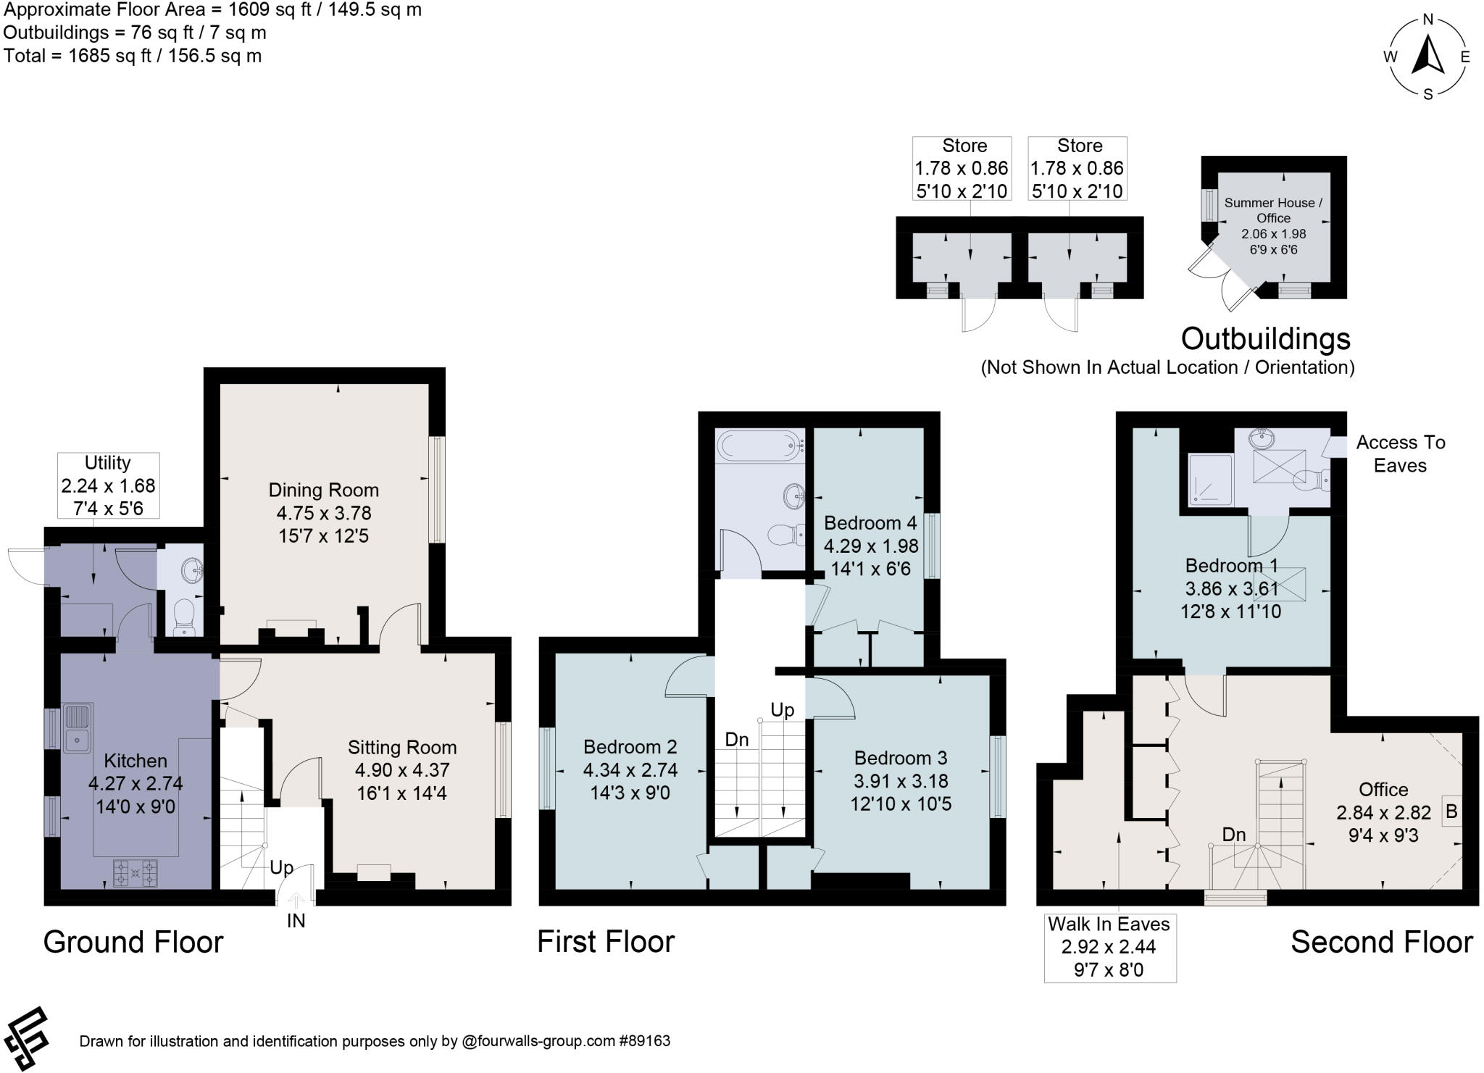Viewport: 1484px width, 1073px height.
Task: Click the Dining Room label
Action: pyautogui.click(x=323, y=490)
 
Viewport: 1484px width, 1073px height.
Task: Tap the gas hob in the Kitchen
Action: pyautogui.click(x=136, y=872)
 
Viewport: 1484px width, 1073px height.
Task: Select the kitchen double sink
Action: pyautogui.click(x=76, y=727)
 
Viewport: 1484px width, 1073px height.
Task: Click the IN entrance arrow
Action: pyautogui.click(x=296, y=901)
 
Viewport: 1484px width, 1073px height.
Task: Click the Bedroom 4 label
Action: pyautogui.click(x=870, y=523)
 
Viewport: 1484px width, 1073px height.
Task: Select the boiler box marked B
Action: pyautogui.click(x=1451, y=811)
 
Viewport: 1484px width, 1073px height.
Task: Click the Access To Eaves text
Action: pyautogui.click(x=1400, y=454)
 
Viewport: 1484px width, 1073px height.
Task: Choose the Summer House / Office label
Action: pyautogui.click(x=1273, y=210)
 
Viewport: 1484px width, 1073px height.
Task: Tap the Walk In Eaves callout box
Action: pyautogui.click(x=1109, y=947)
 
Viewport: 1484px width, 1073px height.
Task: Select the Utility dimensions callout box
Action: pyautogui.click(x=108, y=485)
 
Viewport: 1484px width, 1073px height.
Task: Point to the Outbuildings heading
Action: pyautogui.click(x=1266, y=338)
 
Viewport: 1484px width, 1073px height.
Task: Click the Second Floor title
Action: pyautogui.click(x=1381, y=943)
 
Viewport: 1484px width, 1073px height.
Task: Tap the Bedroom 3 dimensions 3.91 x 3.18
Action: pyautogui.click(x=901, y=781)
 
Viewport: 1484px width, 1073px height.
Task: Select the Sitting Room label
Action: pyautogui.click(x=402, y=748)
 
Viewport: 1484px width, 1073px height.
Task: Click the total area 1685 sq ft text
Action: pyautogui.click(x=133, y=56)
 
